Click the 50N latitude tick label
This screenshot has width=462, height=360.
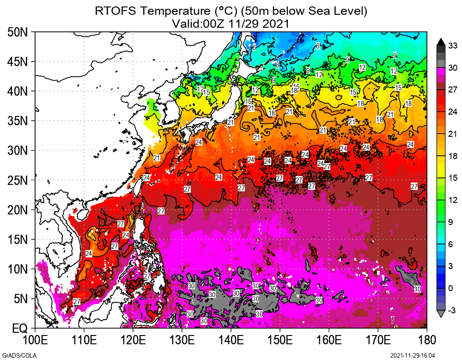click(x=18, y=32)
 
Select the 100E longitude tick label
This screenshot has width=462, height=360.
click(x=35, y=341)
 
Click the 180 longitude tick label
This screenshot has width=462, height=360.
click(x=426, y=341)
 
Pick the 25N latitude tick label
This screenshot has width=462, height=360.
click(x=18, y=180)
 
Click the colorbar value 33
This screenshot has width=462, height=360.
click(x=453, y=46)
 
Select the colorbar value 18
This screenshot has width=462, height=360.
click(x=453, y=156)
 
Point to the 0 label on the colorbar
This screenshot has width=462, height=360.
click(x=453, y=288)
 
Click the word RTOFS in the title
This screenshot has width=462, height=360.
click(x=113, y=11)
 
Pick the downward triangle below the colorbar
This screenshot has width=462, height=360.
click(x=441, y=314)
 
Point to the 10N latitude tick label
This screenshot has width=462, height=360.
click(x=18, y=269)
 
